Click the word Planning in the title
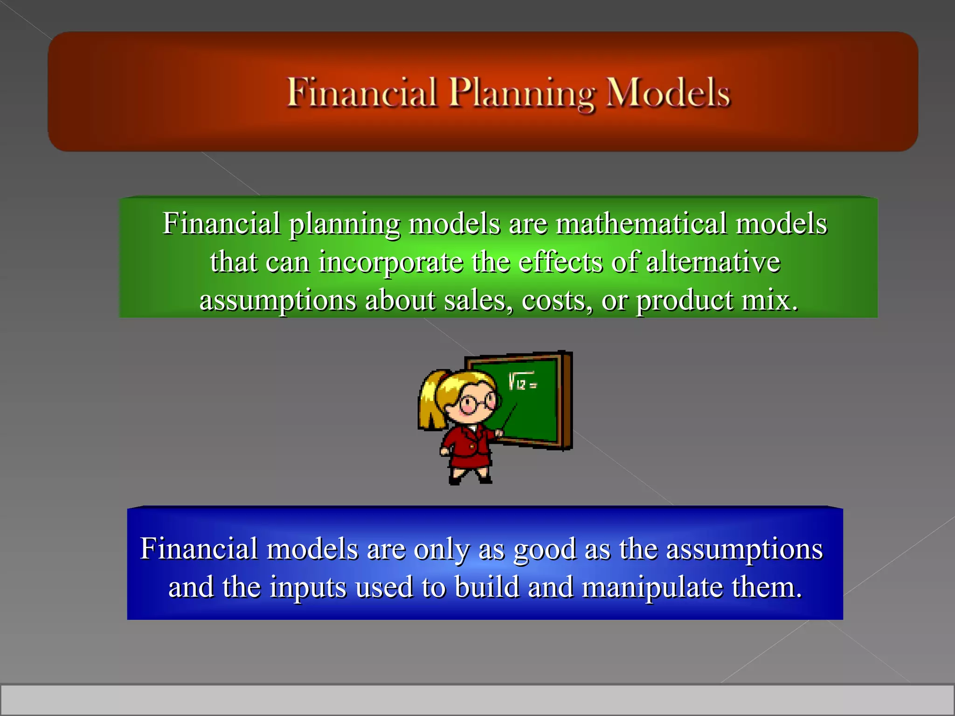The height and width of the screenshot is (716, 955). (521, 93)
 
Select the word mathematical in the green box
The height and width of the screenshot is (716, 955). (641, 224)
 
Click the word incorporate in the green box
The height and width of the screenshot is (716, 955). (391, 262)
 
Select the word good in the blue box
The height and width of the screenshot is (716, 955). (544, 549)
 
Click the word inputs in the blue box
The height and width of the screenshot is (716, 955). (308, 587)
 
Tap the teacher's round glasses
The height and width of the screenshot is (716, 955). (477, 402)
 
